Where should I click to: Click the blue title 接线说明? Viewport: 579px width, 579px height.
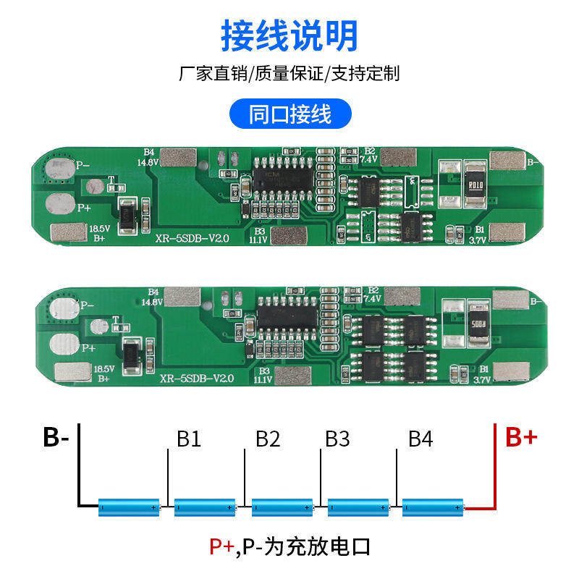(289, 34)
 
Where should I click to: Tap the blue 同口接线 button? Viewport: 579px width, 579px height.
(289, 114)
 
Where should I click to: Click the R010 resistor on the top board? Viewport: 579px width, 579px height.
(475, 184)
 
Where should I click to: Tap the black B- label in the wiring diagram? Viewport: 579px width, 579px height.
(56, 437)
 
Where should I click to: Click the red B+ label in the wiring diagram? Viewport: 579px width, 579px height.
(521, 437)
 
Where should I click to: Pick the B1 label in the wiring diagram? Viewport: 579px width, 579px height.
(189, 439)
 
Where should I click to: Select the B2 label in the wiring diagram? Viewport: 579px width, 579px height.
(267, 439)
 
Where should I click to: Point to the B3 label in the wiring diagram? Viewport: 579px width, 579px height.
(337, 439)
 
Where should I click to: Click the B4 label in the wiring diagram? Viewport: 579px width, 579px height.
(420, 439)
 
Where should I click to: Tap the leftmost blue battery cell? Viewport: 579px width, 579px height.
(129, 507)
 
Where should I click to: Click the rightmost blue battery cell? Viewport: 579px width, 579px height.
(433, 507)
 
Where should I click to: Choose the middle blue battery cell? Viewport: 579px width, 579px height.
(282, 507)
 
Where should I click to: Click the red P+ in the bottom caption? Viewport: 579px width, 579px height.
(221, 546)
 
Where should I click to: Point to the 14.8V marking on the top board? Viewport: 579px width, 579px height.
(148, 162)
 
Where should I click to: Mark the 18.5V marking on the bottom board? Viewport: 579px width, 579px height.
(103, 369)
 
